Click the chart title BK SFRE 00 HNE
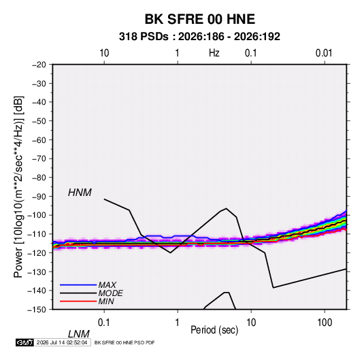pos(200,19)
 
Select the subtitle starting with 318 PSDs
pos(199,37)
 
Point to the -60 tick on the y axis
pos(39,140)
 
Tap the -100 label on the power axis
pos(37,215)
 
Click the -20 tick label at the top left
pos(39,65)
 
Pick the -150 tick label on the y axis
pos(37,310)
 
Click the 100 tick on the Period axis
pos(325,323)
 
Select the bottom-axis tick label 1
pos(178,323)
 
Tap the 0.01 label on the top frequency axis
pos(324,53)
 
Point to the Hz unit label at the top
pos(214,53)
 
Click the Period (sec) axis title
pos(214,330)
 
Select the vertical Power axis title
pos(18,186)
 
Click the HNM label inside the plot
pos(80,193)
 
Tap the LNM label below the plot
pos(79,334)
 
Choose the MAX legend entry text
pos(107,285)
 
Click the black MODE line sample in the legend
pos(78,293)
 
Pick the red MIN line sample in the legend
pos(78,301)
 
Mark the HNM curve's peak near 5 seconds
pos(226,208)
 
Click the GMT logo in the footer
pos(24,342)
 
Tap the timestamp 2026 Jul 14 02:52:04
pos(62,342)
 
